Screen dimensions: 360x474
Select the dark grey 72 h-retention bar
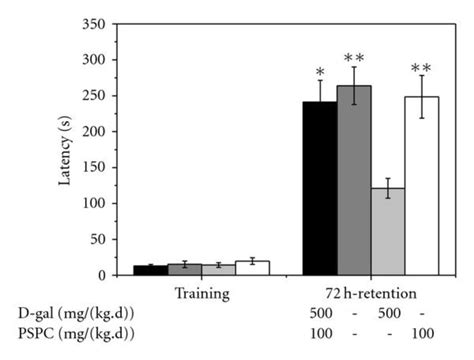point(354,180)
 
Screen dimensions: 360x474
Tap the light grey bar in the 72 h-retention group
point(387,231)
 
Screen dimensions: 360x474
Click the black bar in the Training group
point(144,270)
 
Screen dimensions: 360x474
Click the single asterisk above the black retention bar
point(319,73)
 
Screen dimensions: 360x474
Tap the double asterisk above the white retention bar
point(422,67)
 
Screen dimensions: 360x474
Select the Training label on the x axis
point(201,294)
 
